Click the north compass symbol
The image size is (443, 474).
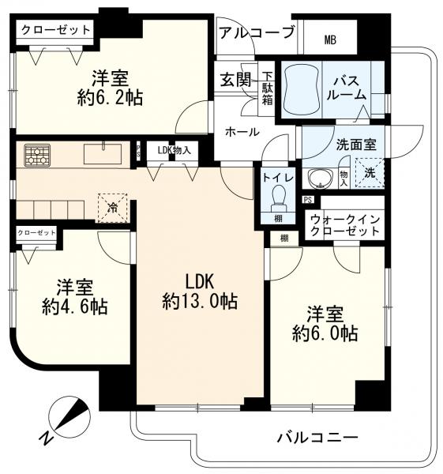pos(69,419)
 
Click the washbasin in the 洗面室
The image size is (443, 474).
pos(319,177)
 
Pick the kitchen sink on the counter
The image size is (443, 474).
pos(103,152)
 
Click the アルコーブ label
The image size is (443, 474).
pos(257,33)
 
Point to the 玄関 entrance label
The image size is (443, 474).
pos(235,80)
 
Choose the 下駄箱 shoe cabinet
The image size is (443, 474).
pos(268,88)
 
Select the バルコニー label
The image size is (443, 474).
pos(317,437)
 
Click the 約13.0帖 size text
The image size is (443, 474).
pos(200,301)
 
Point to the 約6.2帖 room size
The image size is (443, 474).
pos(110,99)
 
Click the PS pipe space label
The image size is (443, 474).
pos(307,200)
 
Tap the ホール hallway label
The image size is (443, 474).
pos(241,132)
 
